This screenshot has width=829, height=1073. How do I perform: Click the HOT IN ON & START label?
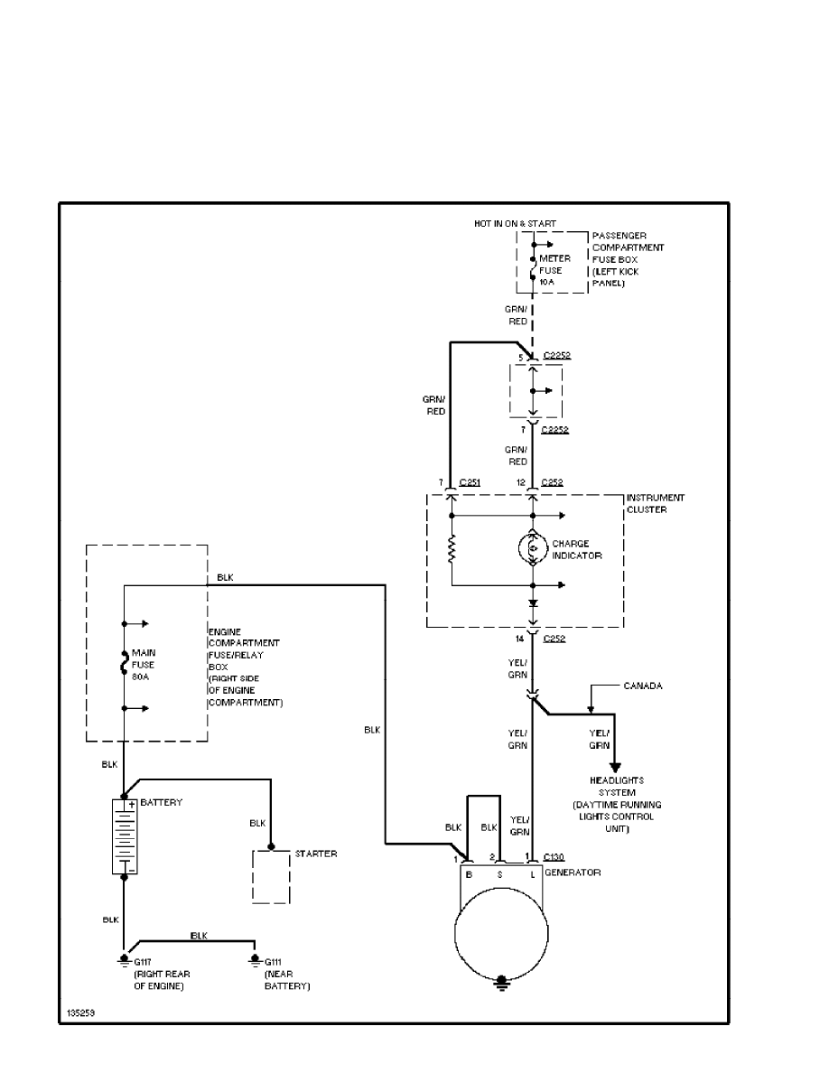515,223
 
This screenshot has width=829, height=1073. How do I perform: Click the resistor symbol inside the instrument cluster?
450,549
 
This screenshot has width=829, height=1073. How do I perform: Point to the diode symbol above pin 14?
533,602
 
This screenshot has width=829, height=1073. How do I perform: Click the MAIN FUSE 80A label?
144,664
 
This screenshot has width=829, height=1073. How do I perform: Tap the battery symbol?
124,836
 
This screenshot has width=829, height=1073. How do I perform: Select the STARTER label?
316,854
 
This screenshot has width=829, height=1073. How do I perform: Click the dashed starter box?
271,876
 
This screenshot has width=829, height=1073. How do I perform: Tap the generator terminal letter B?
468,873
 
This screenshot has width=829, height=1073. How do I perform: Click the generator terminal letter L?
533,873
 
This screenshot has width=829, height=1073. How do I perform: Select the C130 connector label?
555,856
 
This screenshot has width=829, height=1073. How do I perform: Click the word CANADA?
642,686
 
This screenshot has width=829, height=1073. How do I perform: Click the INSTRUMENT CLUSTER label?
656,503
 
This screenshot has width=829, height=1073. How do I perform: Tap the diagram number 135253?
80,1013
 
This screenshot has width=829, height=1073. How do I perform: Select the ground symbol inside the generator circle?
501,983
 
